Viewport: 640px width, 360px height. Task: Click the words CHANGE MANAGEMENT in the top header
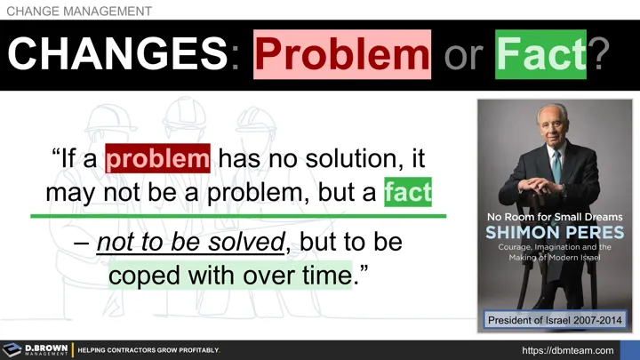[79, 11]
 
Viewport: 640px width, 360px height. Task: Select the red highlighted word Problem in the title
[342, 55]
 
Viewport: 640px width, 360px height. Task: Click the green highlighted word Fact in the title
[541, 55]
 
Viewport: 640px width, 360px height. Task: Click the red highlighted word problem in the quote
[158, 160]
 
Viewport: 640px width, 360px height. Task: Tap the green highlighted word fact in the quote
[408, 192]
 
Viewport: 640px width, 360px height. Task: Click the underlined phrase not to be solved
[194, 243]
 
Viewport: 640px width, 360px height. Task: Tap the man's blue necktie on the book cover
[556, 165]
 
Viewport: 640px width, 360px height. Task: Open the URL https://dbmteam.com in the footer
[567, 350]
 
